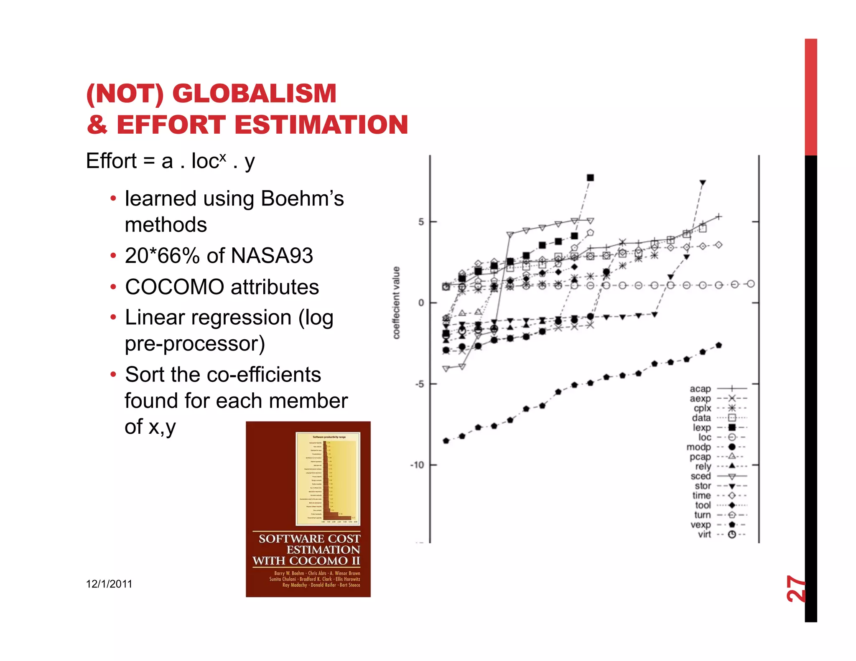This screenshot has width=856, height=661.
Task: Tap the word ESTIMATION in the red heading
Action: [x=321, y=125]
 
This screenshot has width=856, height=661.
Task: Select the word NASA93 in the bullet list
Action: [x=272, y=256]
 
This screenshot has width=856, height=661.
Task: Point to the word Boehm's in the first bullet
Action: [x=302, y=199]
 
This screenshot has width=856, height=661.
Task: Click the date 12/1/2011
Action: [x=109, y=584]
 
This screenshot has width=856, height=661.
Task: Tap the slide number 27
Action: [x=795, y=589]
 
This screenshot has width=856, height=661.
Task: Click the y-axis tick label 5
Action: [x=421, y=222]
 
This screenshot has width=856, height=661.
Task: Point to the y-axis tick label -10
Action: [x=418, y=465]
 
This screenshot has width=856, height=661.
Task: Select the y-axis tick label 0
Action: [x=421, y=303]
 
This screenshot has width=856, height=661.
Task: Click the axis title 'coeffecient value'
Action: [x=396, y=303]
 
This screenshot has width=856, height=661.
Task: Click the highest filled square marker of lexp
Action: [x=590, y=178]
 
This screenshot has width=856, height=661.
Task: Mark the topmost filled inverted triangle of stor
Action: [x=703, y=183]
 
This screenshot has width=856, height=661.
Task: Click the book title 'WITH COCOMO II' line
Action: [x=306, y=561]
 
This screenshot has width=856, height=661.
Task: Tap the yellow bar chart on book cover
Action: [x=328, y=479]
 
